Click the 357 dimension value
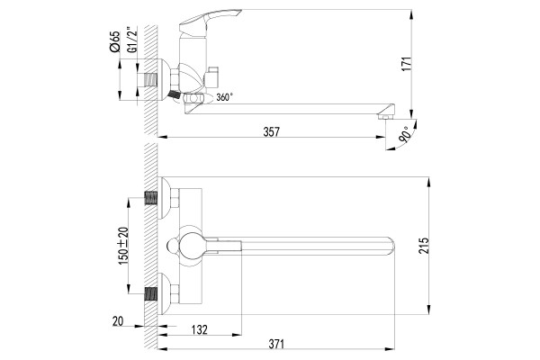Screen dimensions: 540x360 [x=272, y=132]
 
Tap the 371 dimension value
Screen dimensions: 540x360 [x=276, y=344]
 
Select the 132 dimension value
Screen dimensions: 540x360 [x=200, y=329]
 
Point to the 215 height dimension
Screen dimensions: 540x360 [x=424, y=246]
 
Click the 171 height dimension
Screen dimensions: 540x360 [x=407, y=64]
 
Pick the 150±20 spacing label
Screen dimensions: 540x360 [x=123, y=246]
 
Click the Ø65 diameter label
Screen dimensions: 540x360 [x=114, y=41]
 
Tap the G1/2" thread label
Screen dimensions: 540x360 [x=132, y=40]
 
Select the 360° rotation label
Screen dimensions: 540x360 [x=224, y=97]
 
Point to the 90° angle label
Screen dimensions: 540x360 [x=406, y=135]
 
